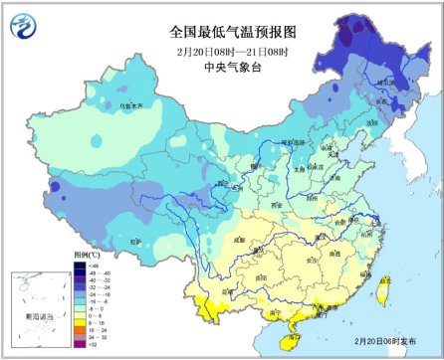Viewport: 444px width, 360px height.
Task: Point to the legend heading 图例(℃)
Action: click(x=87, y=255)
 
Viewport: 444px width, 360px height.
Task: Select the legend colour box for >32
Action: click(x=77, y=343)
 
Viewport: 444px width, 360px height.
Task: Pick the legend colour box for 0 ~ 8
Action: click(x=77, y=314)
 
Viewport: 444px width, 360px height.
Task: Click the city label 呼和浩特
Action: click(x=295, y=142)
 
